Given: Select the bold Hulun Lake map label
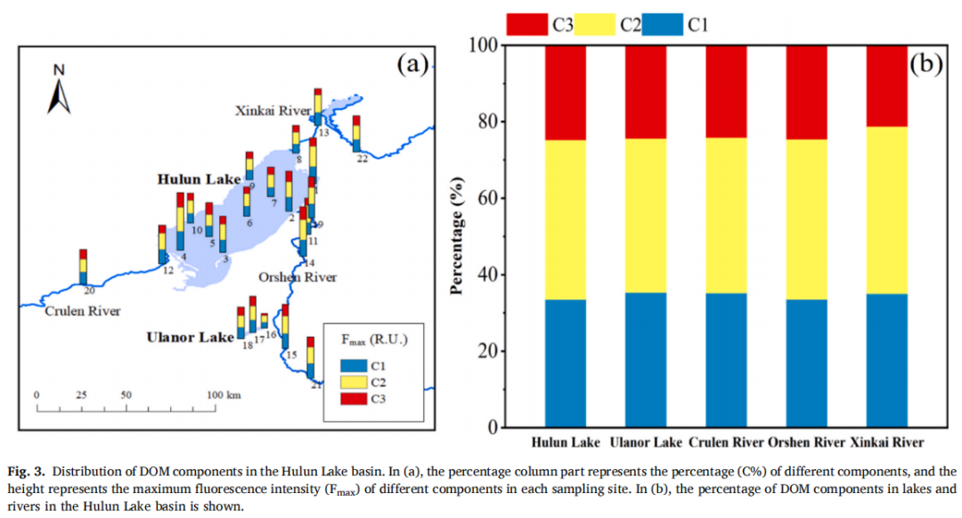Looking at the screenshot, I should pyautogui.click(x=200, y=179).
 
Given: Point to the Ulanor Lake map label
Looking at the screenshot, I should pyautogui.click(x=190, y=338).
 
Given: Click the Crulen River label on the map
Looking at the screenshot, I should pyautogui.click(x=82, y=311).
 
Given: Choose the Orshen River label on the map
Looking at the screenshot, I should pyautogui.click(x=298, y=277).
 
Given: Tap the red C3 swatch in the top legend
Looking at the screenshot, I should pyautogui.click(x=526, y=24).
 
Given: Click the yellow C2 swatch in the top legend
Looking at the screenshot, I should pyautogui.click(x=596, y=24).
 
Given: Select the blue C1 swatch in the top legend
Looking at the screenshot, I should pyautogui.click(x=664, y=24).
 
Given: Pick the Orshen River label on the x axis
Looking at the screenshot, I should pyautogui.click(x=806, y=442).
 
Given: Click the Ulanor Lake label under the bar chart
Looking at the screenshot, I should pyautogui.click(x=646, y=442).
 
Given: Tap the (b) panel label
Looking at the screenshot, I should pyautogui.click(x=925, y=64).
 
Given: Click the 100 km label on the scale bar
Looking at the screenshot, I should pyautogui.click(x=224, y=395).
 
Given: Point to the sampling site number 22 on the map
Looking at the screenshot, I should pyautogui.click(x=363, y=159).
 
